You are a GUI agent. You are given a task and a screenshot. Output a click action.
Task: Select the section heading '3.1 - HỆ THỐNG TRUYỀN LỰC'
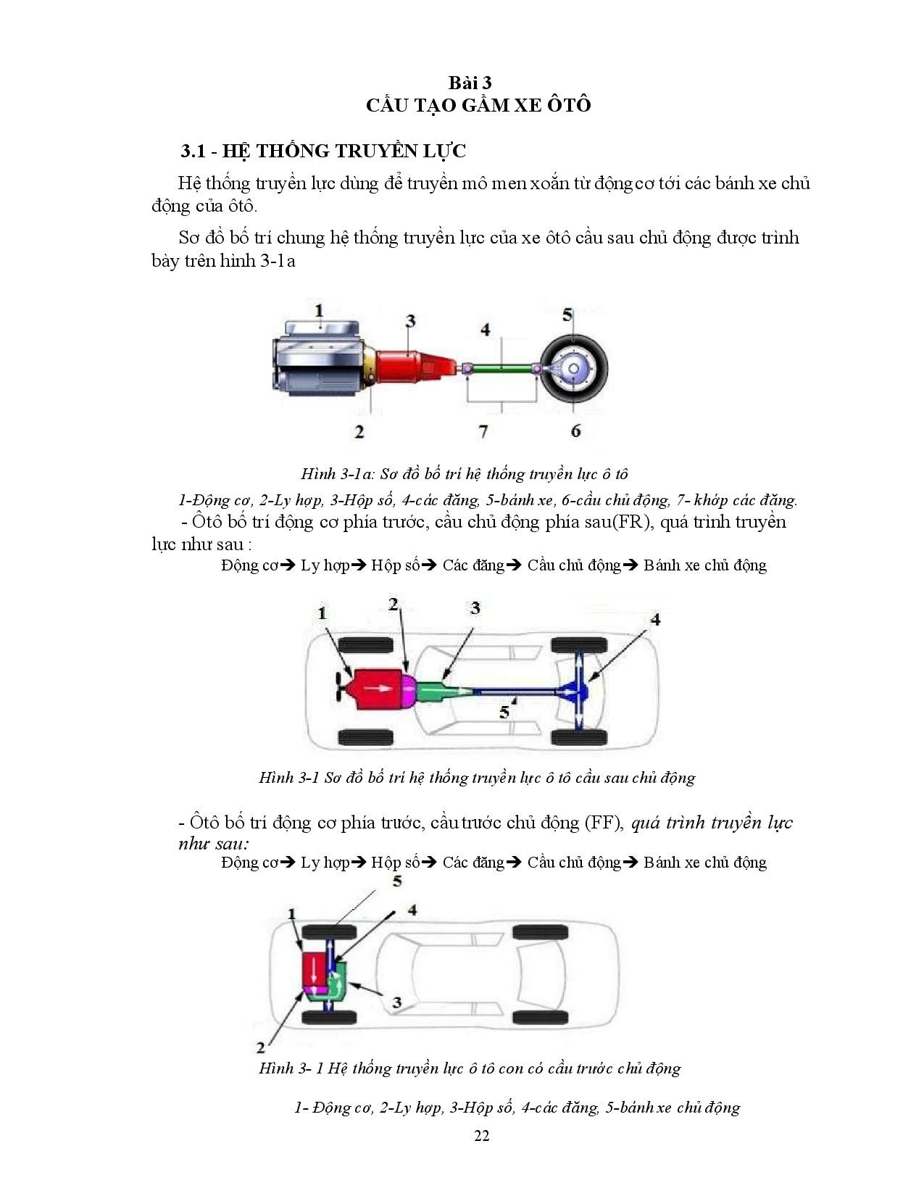[323, 151]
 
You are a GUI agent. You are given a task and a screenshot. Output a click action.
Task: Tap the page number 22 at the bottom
[481, 1135]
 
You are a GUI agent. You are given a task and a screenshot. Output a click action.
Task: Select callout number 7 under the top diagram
[483, 431]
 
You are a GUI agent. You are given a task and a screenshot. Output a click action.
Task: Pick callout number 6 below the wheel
[575, 431]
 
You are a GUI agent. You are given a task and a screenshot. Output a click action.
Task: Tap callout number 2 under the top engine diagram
[359, 432]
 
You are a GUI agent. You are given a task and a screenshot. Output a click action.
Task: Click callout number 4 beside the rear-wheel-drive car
[655, 620]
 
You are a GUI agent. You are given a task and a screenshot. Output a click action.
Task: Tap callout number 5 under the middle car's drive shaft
[505, 712]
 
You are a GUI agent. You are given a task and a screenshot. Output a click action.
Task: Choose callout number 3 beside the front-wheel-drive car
[396, 1002]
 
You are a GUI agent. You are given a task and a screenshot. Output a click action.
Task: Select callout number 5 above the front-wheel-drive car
[396, 881]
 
